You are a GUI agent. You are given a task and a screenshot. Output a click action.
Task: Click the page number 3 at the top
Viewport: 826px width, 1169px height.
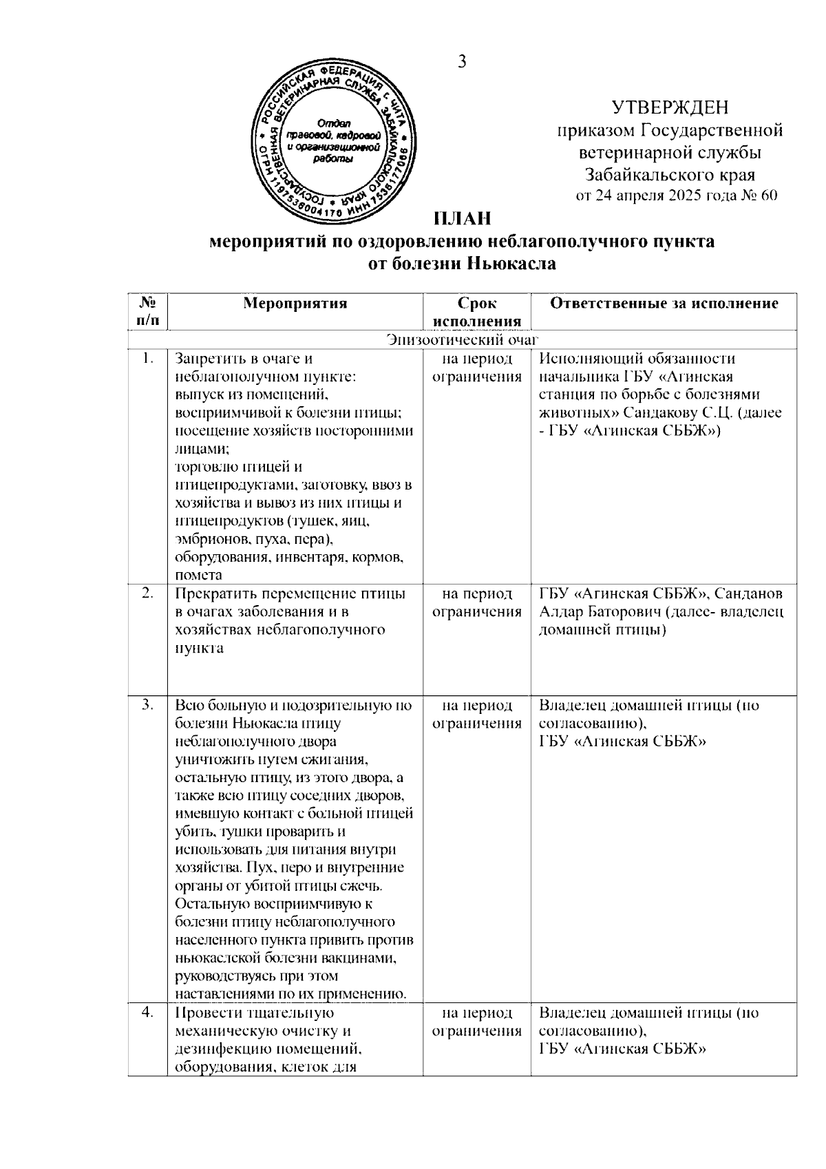tap(462, 62)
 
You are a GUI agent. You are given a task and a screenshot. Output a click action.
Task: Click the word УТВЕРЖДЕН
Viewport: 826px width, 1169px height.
tap(670, 108)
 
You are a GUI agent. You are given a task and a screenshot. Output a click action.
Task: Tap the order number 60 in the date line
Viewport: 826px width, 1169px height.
tap(769, 196)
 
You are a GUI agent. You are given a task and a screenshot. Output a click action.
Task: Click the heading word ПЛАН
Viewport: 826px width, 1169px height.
tap(462, 219)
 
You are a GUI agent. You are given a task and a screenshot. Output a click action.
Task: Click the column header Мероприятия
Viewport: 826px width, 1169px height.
tap(295, 304)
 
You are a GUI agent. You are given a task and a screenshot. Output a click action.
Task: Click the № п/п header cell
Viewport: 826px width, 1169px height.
tap(146, 312)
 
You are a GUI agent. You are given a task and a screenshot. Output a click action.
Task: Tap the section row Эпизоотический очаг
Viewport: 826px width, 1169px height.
tap(462, 339)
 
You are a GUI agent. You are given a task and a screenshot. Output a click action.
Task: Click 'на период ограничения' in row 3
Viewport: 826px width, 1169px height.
tap(476, 715)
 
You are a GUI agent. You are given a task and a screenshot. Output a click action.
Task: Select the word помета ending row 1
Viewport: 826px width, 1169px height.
tap(199, 576)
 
